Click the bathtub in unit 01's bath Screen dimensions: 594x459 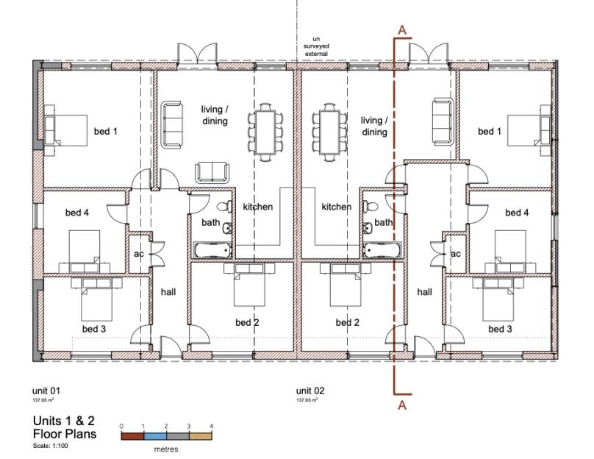click(212, 251)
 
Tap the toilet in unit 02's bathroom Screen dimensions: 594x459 click(371, 207)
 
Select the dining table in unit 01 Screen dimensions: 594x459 click(265, 132)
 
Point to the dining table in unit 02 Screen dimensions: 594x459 click(329, 132)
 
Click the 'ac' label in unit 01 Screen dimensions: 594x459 click(139, 254)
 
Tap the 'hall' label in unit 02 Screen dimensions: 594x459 click(425, 292)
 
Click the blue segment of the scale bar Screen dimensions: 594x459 click(155, 436)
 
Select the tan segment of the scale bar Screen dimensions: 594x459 click(201, 436)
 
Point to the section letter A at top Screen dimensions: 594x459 click(402, 30)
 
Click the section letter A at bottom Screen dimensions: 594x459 click(402, 405)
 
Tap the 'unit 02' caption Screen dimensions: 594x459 click(310, 391)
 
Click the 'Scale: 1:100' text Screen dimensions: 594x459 click(51, 446)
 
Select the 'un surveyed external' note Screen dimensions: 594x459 click(316, 46)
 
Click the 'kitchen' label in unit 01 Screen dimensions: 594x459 click(258, 207)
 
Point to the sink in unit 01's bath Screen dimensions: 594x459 click(227, 228)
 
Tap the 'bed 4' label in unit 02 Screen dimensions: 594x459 click(517, 213)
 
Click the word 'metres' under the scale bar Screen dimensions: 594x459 click(166, 449)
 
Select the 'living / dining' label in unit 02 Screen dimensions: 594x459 click(374, 127)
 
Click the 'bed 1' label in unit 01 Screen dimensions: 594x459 click(106, 131)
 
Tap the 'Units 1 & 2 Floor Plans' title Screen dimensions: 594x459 click(65, 427)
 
